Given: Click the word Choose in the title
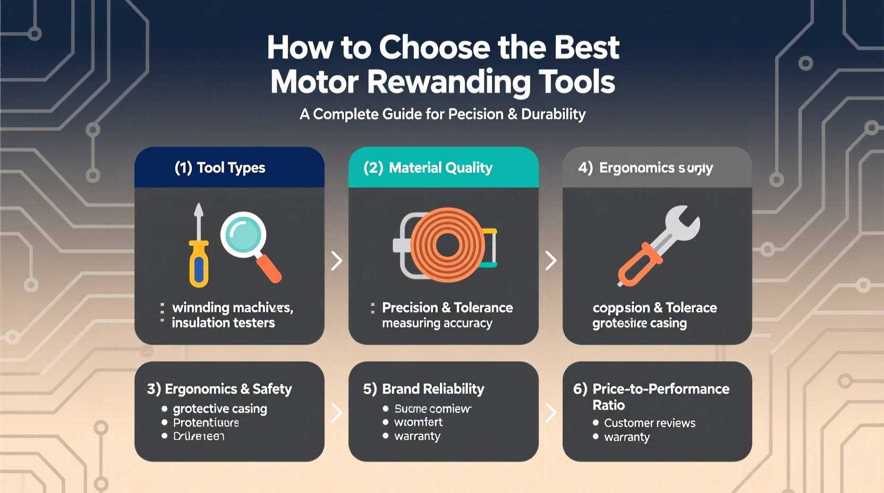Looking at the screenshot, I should [435, 48].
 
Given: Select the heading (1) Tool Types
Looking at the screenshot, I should [220, 168].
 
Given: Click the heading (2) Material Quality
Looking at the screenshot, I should [428, 168].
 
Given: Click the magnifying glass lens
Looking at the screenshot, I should [243, 235].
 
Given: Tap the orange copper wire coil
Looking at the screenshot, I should [447, 245].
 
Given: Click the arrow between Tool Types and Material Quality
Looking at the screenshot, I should [336, 261].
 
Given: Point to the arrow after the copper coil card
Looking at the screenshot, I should [551, 261].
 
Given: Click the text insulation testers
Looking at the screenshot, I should [223, 323].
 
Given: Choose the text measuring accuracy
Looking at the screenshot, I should [437, 324].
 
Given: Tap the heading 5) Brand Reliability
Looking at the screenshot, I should [423, 389].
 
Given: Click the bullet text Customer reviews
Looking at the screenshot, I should [649, 423].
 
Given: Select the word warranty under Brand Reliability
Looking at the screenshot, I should [417, 437].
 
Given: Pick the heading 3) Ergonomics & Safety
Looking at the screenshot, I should [219, 389].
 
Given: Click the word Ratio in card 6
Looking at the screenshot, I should [608, 405].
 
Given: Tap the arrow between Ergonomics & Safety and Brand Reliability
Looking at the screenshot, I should [336, 412].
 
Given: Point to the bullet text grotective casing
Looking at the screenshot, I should [220, 409].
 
